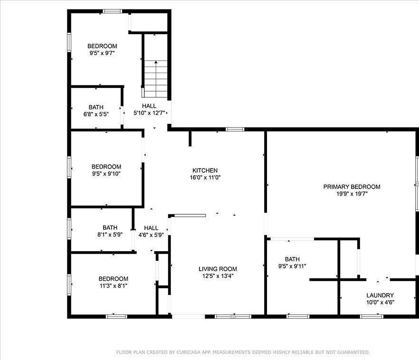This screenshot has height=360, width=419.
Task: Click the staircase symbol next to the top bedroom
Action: (x=156, y=78)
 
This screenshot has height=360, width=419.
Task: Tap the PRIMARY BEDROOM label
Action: (x=352, y=187)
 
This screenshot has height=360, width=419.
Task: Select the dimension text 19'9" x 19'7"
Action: (x=352, y=194)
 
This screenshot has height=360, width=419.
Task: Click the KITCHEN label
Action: (x=205, y=171)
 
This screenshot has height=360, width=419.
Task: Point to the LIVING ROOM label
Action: (x=218, y=269)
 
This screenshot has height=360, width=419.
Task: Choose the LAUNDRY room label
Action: (x=380, y=295)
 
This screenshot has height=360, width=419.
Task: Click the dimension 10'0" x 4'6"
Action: (x=380, y=302)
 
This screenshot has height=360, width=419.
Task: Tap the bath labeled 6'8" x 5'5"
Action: (x=95, y=107)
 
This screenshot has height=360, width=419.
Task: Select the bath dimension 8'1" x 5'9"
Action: (x=110, y=235)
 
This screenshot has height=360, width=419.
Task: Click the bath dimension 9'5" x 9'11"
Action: (x=292, y=266)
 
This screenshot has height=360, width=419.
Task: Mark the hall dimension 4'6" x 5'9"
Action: (x=151, y=235)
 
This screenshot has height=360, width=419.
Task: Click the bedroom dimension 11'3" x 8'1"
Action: (x=113, y=286)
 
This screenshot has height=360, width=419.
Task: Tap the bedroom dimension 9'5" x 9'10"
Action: (x=106, y=173)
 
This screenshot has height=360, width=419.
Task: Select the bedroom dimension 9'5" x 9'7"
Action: (x=102, y=53)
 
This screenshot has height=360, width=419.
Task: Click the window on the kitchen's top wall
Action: (x=235, y=129)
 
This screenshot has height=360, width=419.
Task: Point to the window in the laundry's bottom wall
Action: (x=371, y=316)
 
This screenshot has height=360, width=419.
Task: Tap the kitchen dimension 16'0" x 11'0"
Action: (x=205, y=178)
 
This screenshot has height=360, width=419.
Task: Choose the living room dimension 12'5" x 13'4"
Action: (x=218, y=276)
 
